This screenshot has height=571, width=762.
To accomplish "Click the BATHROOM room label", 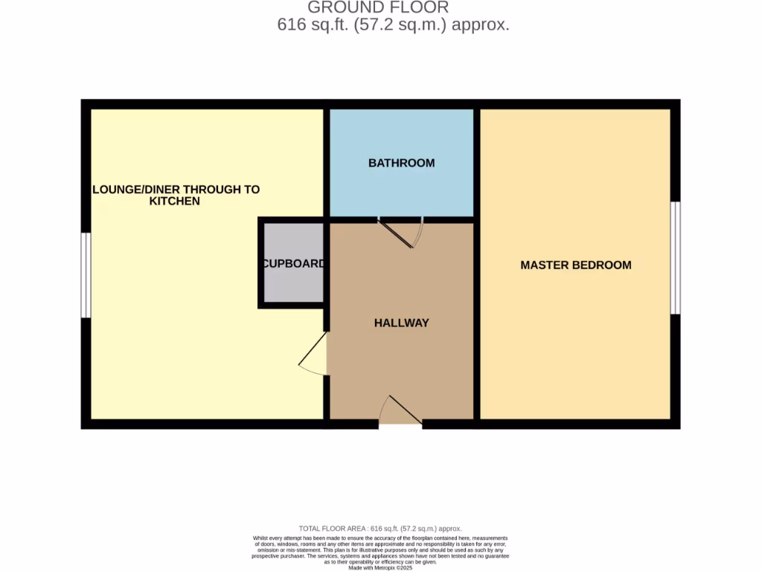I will coord(401,163).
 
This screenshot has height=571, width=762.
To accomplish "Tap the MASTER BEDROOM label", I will coord(575,265).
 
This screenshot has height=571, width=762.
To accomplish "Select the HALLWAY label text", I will coord(401,323).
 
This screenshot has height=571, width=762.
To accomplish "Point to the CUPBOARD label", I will coord(292,263).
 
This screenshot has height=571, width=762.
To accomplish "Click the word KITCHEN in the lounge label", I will coord(174,201).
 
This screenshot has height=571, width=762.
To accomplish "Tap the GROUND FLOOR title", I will coord(378,7).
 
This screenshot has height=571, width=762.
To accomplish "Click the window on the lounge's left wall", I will coord(86,275).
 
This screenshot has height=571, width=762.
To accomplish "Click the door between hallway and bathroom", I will coord(401,231).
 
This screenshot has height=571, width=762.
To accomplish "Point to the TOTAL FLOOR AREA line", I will coord(380,528).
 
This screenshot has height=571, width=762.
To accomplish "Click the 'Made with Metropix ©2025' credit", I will coord(380,567).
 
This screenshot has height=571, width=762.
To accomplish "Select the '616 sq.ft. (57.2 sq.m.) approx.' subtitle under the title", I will coord(393,25).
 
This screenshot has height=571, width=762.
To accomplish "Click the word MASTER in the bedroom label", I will coord(542,265).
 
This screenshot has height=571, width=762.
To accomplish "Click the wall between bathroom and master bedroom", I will coord(476,164).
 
